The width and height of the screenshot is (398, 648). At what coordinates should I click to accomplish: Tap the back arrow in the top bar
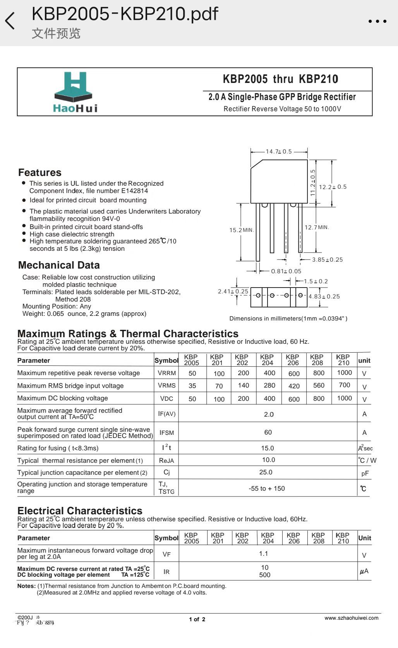tap(10, 21)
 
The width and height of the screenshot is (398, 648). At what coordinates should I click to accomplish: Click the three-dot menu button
tap(377, 21)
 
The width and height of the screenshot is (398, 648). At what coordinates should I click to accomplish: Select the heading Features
tap(39, 172)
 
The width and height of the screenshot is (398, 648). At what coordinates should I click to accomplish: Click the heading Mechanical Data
tap(59, 265)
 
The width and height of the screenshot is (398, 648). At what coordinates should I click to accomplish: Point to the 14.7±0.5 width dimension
tap(279, 152)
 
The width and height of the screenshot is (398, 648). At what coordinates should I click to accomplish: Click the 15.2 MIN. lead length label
tap(241, 230)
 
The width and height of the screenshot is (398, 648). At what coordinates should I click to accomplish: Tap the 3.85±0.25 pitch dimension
tap(328, 260)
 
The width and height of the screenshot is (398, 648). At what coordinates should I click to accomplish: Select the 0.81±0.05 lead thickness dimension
tap(286, 271)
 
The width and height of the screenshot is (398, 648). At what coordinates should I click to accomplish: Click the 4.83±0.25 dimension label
tap(324, 296)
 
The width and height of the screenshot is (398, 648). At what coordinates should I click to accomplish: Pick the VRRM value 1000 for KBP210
tap(344, 373)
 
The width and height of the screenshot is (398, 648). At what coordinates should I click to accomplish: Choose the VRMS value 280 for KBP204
tap(269, 385)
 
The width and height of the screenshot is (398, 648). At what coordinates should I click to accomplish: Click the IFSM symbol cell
tap(166, 433)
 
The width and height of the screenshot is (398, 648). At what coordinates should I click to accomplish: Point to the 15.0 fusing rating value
tap(268, 448)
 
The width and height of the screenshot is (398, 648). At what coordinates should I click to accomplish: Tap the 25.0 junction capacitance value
tap(266, 472)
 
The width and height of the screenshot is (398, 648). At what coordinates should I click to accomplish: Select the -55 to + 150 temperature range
tap(267, 488)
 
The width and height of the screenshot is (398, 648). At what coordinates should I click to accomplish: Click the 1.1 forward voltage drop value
tap(264, 553)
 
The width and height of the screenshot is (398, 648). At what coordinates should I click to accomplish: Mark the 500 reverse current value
tap(265, 575)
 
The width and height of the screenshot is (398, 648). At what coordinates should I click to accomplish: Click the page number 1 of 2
tap(197, 619)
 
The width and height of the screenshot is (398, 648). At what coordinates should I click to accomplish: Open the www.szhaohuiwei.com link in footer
tap(351, 618)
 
